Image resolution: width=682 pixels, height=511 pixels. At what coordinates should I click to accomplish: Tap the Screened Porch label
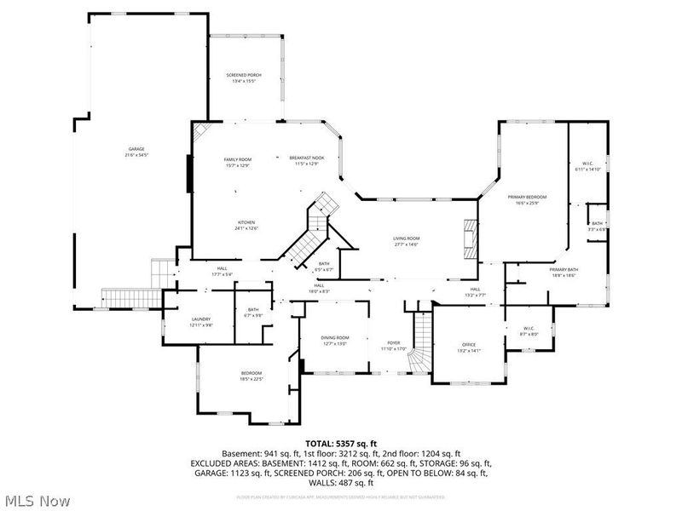(244, 78)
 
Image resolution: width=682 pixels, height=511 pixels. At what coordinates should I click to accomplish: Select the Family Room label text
(238, 161)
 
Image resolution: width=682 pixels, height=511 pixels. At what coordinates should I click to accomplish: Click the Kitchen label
(246, 225)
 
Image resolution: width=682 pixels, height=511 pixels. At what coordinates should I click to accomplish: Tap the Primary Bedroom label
(527, 199)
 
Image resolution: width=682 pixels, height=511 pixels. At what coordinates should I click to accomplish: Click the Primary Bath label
(564, 272)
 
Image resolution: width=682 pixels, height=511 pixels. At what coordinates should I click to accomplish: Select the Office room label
(470, 347)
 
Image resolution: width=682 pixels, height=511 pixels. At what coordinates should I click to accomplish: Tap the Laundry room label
(201, 322)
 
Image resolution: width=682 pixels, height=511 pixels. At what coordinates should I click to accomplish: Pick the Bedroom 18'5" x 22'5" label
(251, 376)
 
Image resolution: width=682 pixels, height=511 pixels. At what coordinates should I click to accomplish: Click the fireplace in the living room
(467, 241)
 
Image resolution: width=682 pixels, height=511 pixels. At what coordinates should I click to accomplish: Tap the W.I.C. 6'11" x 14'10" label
(587, 166)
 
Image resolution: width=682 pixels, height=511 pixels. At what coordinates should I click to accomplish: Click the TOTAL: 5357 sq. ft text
(341, 443)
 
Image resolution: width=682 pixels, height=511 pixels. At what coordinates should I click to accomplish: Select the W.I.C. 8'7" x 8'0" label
(528, 331)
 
